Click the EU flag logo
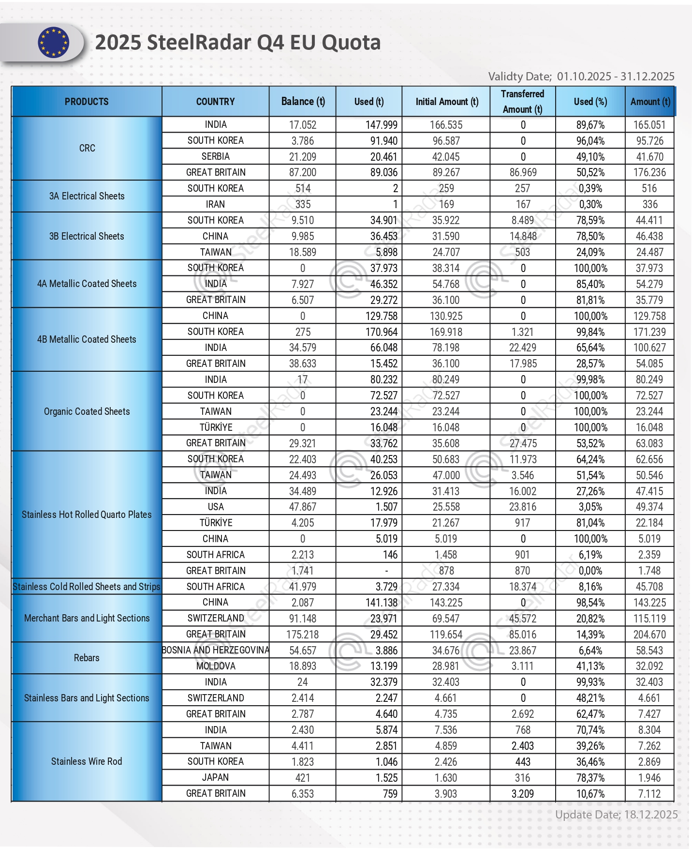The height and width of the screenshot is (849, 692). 54,43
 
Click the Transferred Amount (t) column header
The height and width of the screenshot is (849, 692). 522,102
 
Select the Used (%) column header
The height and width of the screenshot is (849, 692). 590,102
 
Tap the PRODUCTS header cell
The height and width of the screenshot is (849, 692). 87,102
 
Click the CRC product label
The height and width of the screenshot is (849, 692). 87,148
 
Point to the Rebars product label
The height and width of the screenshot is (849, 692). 87,658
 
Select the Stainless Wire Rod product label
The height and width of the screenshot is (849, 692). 87,761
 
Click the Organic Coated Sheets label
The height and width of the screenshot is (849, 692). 87,411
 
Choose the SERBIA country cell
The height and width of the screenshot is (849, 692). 216,156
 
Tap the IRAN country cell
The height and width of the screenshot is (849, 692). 216,204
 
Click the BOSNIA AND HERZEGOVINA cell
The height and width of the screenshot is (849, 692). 216,650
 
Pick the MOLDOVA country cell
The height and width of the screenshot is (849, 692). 216,666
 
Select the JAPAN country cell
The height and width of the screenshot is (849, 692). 216,777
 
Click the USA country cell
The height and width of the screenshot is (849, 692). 216,507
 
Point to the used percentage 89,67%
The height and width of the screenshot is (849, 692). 590,125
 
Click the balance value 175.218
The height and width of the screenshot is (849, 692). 303,634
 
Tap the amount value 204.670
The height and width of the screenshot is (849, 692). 649,634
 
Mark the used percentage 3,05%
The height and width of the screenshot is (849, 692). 590,507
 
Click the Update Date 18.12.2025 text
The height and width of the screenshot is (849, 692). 616,815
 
